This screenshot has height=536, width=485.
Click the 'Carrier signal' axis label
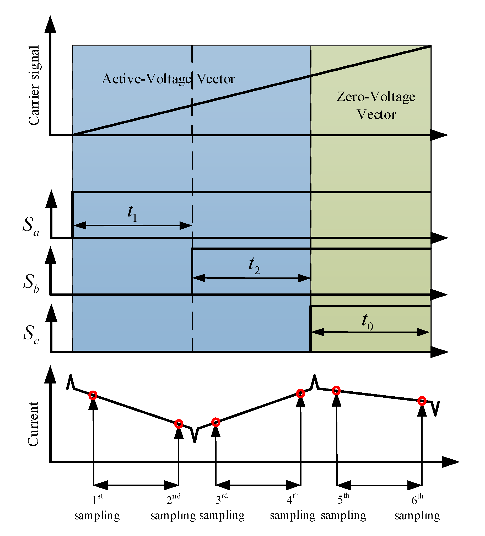tap(34, 85)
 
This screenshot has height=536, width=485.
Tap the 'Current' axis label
tap(34, 424)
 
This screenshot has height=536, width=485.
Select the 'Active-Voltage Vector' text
tap(168, 79)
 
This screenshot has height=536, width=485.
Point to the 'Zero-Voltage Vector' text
tap(376, 106)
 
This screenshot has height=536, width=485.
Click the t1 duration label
tap(132, 213)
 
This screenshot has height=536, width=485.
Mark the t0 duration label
tap(367, 322)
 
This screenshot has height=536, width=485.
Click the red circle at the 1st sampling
tap(93, 395)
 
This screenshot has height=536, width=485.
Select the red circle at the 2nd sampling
tap(179, 424)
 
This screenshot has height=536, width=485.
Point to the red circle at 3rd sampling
tap(216, 422)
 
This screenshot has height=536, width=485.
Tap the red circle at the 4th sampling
tap(300, 393)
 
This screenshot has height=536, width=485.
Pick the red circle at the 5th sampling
tap(336, 391)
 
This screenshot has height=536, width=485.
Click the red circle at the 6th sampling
tap(422, 401)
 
